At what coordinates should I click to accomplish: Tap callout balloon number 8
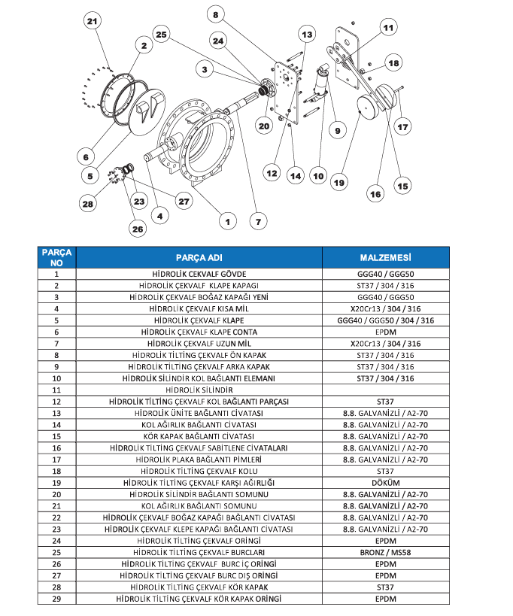216,14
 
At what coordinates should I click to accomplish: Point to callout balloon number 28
89,203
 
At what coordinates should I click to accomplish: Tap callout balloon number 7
257,221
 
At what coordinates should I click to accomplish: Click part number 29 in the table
56,598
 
